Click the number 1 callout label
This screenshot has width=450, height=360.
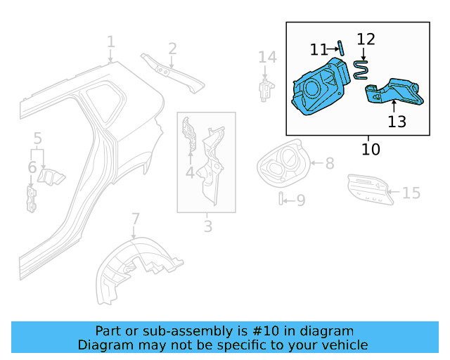pos(110,43)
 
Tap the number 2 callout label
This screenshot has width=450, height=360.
pos(172,49)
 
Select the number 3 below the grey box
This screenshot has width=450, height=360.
pos(207,226)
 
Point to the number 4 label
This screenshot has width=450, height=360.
pos(190,172)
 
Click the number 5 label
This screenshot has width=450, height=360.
pos(38,139)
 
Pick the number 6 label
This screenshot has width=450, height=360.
pos(32,167)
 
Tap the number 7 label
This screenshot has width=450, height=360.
pos(136,219)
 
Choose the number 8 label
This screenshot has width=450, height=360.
pos(329,164)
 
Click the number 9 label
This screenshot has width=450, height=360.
pos(300,201)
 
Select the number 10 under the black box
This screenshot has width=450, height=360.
pos(371,149)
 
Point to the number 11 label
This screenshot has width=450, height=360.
pos(319,49)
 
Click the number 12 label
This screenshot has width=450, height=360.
pos(366,39)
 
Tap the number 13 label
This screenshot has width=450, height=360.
pos(397,122)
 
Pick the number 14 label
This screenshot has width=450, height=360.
pos(267,57)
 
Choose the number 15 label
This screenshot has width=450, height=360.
pos(411,193)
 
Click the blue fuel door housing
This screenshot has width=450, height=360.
pos(321,88)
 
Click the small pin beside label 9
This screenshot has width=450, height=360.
pos(281,199)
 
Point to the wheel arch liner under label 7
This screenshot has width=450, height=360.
pos(134,270)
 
